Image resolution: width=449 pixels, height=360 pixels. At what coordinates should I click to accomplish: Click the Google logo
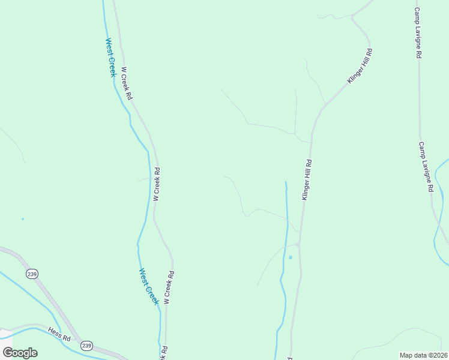point(20,353)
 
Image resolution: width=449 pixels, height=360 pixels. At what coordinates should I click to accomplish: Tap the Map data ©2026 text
point(424,355)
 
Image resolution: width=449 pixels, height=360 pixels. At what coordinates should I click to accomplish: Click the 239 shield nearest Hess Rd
point(87,346)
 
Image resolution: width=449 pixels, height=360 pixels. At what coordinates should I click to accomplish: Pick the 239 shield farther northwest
point(32,274)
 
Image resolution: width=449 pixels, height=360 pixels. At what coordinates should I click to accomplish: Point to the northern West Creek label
point(110,58)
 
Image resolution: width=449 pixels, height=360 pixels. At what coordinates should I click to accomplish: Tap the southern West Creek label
point(149,287)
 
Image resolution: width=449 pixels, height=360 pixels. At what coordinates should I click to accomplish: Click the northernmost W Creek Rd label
point(126,83)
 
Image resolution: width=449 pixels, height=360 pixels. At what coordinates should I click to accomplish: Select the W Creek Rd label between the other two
point(156,184)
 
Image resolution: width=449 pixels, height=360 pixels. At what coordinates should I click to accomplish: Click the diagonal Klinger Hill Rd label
point(360,67)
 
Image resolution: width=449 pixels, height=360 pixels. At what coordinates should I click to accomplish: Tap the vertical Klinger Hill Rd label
point(307,180)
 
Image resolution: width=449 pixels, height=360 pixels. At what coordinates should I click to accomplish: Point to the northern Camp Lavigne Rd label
point(418,33)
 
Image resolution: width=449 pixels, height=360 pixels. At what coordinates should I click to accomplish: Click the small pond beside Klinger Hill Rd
point(290,257)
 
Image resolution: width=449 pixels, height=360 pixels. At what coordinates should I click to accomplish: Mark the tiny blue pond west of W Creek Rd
point(23,219)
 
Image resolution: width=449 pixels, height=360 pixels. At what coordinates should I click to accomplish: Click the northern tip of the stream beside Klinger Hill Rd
point(286,182)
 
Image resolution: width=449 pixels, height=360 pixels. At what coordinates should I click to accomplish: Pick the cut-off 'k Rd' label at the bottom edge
point(163,353)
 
